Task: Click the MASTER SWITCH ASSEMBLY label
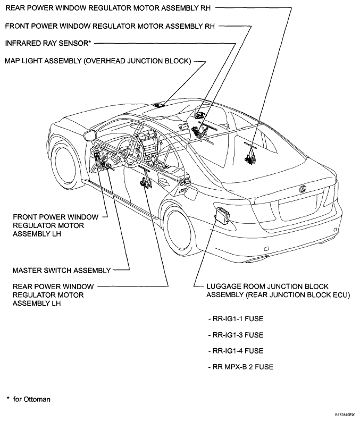coord(62,270)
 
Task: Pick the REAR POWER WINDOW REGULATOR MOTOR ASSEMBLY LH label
coord(53,295)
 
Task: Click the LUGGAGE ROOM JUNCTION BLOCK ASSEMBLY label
coord(278,291)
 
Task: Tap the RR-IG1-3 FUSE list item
coord(236,335)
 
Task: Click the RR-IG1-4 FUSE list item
coord(236,351)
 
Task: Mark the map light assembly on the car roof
coord(159,105)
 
